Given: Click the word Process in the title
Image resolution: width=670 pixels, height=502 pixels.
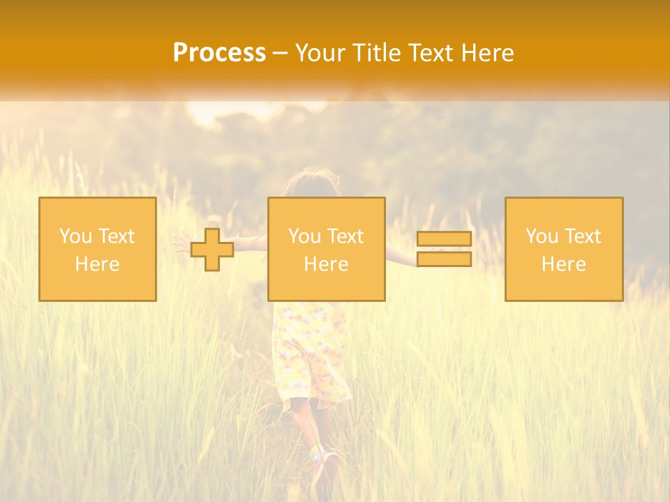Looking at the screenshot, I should (219, 53).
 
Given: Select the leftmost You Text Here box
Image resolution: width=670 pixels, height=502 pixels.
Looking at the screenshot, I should (98, 249).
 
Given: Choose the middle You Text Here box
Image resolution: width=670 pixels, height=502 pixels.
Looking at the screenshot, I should (327, 249).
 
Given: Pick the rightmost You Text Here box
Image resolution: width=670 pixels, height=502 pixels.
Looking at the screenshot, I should (564, 249).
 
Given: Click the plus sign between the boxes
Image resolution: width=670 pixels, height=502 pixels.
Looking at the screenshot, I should (212, 250).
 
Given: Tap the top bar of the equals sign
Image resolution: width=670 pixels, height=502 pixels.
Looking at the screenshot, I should (444, 238).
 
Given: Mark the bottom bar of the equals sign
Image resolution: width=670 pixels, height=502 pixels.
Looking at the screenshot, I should (444, 259).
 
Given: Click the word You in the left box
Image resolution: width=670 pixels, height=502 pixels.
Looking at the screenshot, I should (74, 236).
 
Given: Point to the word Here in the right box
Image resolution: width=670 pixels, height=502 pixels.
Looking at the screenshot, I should (564, 264).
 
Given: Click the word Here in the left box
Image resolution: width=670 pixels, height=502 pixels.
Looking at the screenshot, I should (98, 264).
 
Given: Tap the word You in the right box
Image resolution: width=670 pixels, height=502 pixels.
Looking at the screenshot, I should (541, 236).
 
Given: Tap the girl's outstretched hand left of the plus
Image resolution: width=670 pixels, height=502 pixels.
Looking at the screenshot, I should (181, 243).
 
